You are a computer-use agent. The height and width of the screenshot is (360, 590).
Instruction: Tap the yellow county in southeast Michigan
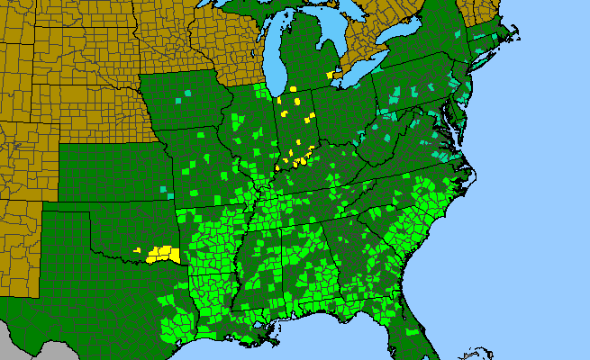[337, 76]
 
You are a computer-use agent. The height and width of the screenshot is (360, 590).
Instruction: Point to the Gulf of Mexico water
[315, 346]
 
